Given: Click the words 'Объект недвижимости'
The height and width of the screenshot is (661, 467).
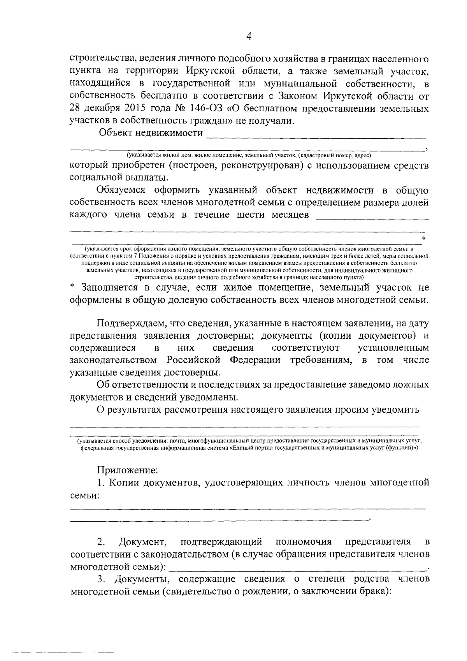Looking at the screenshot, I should (x=151, y=134).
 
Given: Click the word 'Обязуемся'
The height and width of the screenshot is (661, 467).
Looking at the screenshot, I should (x=121, y=190).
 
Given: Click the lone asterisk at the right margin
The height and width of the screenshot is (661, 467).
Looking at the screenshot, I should (x=424, y=238).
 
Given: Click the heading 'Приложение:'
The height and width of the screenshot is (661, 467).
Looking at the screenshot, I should (x=127, y=471).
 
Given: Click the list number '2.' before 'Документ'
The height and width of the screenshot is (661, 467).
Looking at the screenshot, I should (x=101, y=542).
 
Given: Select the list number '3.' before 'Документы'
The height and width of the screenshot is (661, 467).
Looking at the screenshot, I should (x=102, y=579).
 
